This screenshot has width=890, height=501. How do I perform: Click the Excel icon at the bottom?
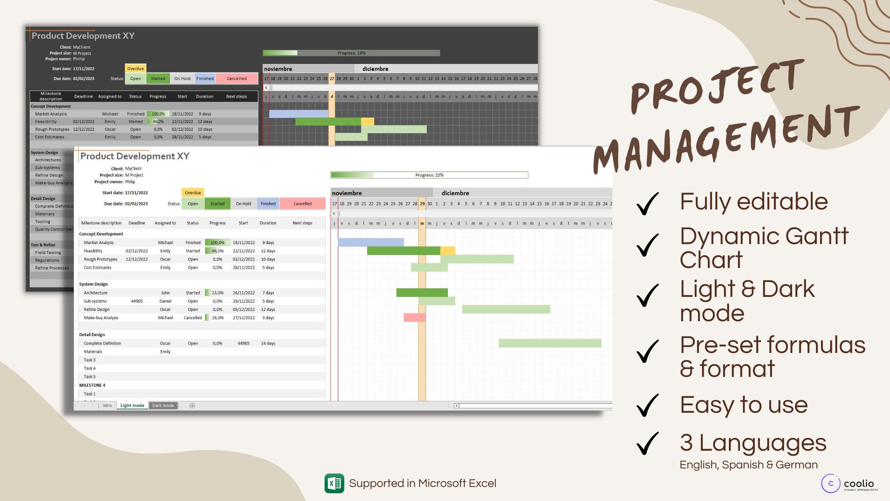334,483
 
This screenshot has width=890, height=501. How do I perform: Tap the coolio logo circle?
830,483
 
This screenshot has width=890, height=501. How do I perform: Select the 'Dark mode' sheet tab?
163,405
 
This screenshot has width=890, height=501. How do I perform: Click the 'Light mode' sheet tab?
132,405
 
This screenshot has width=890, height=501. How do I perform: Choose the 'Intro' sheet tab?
107,405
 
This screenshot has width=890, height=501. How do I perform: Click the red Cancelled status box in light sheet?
302,204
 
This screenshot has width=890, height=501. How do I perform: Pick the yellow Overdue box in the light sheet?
193,193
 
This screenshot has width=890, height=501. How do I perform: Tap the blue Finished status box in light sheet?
268,204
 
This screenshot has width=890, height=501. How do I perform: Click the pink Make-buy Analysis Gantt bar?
415,318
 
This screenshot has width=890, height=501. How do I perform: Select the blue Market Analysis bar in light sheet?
370,242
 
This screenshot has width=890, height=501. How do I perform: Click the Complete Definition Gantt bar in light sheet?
550,343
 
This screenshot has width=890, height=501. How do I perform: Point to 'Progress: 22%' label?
429,175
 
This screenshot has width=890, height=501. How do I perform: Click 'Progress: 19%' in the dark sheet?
351,53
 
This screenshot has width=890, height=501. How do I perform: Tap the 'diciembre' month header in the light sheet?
455,193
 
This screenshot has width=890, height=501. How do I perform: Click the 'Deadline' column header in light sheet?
137,223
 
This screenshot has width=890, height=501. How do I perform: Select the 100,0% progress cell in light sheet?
218,242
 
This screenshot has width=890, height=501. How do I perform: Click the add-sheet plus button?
192,405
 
